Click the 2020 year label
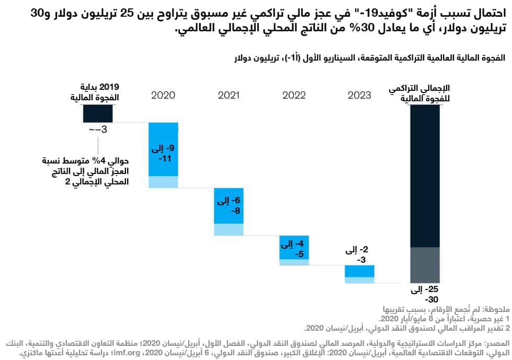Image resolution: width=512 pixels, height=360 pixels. pyautogui.click(x=163, y=95)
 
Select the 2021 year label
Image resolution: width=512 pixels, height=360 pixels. pyautogui.click(x=229, y=95)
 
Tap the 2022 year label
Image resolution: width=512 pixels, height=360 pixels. pyautogui.click(x=294, y=95)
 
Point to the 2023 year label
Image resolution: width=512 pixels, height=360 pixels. pyautogui.click(x=359, y=95)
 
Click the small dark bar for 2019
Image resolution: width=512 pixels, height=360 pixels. pyautogui.click(x=97, y=113)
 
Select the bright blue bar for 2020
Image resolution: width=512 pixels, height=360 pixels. pyautogui.click(x=163, y=149)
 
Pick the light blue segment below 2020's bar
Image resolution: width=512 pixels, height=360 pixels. pyautogui.click(x=163, y=182)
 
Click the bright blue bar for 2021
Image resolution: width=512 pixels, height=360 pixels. pyautogui.click(x=229, y=205)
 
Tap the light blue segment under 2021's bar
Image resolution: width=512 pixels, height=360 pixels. pyautogui.click(x=229, y=229)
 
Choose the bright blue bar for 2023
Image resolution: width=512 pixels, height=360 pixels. pyautogui.click(x=359, y=271)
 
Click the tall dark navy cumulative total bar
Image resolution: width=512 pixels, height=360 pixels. pyautogui.click(x=425, y=175)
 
